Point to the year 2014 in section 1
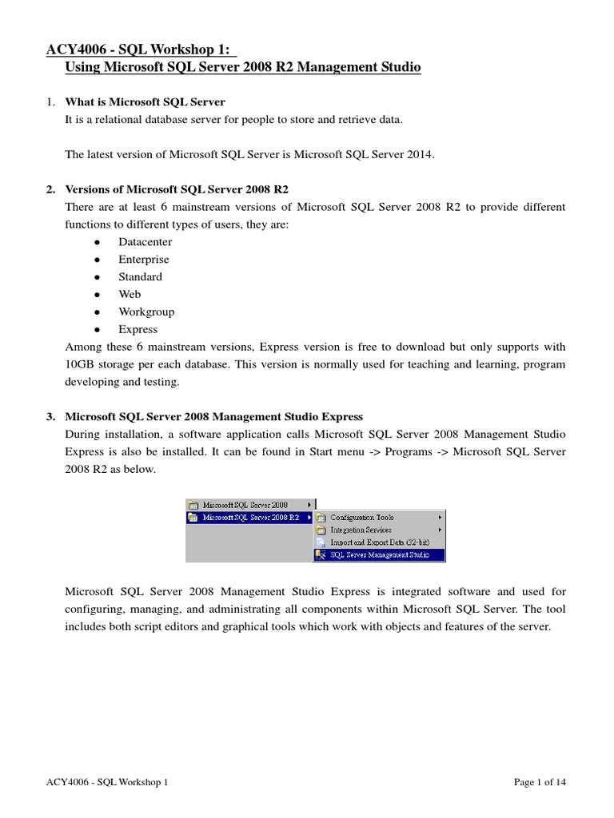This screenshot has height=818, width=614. pos(419,155)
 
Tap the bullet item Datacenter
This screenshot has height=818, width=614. pos(145,242)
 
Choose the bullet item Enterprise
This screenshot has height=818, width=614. pos(144,260)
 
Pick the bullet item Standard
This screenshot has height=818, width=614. pos(140,277)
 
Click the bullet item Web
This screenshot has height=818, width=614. pos(130,295)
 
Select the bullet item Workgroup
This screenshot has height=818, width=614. pos(146,312)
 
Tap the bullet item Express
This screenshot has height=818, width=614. pos(138,330)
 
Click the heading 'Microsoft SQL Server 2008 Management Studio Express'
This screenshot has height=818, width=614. pos(213,417)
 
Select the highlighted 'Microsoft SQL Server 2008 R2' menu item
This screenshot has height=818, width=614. pos(250,517)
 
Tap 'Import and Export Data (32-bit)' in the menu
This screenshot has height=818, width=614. pos(378,542)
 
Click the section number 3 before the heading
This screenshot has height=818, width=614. pos(50,417)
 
